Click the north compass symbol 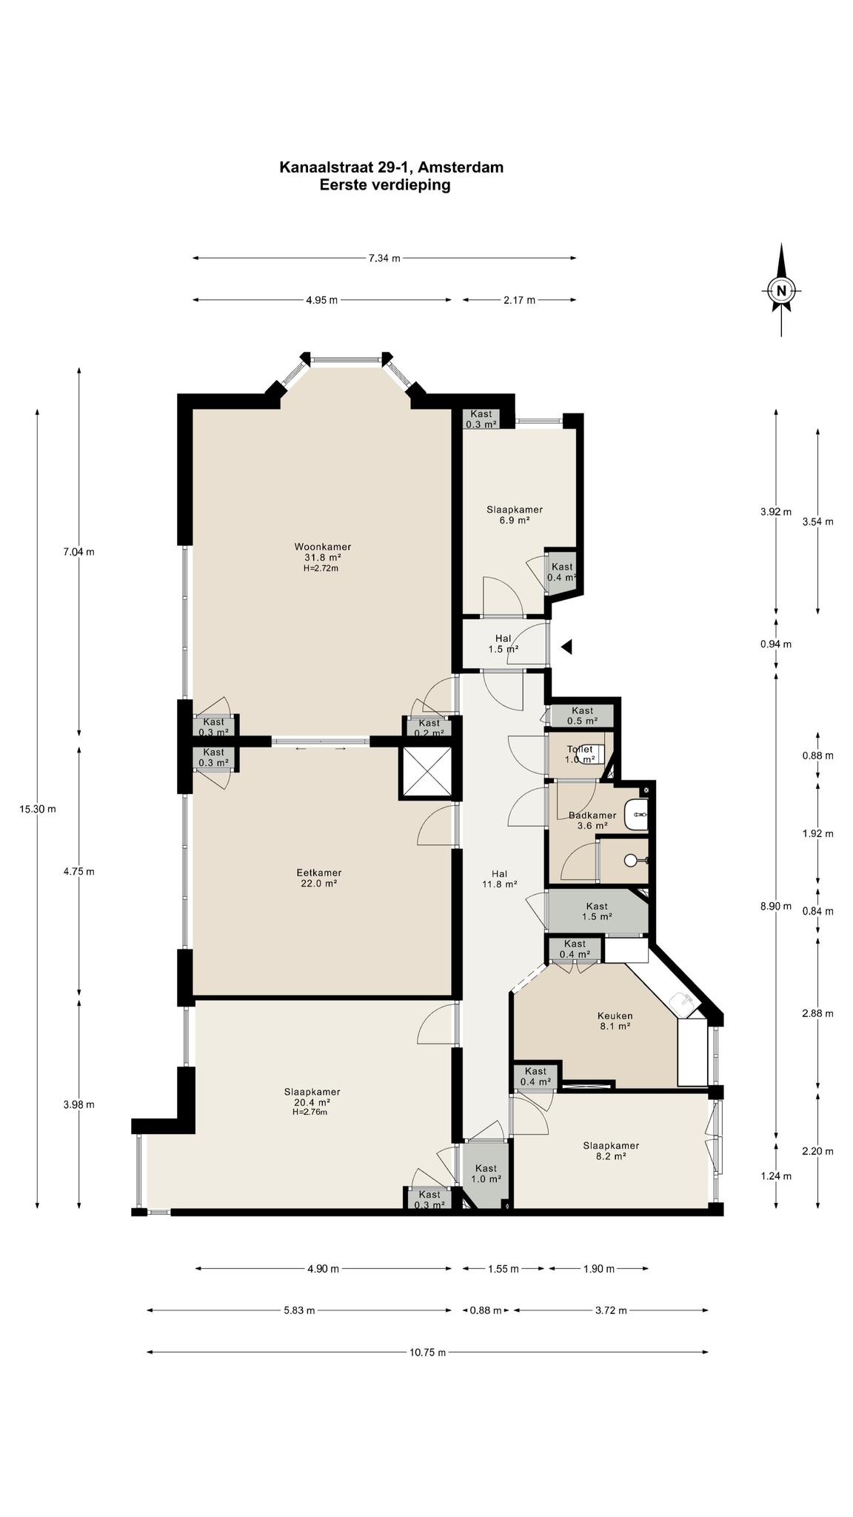pyautogui.click(x=780, y=290)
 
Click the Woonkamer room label pyautogui.click(x=322, y=557)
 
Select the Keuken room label pyautogui.click(x=615, y=1021)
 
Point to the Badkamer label pyautogui.click(x=592, y=820)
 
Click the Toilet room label pyautogui.click(x=580, y=754)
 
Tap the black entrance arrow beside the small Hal pyautogui.click(x=566, y=647)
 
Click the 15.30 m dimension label pyautogui.click(x=38, y=809)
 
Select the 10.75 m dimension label pyautogui.click(x=428, y=1352)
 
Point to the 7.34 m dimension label pyautogui.click(x=384, y=258)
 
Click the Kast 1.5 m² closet pyautogui.click(x=597, y=911)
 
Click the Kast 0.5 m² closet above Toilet pyautogui.click(x=582, y=716)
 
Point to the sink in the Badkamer pyautogui.click(x=637, y=815)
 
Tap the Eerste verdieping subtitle pyautogui.click(x=385, y=185)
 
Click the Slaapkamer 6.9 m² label pyautogui.click(x=515, y=515)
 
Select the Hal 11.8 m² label pyautogui.click(x=500, y=878)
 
